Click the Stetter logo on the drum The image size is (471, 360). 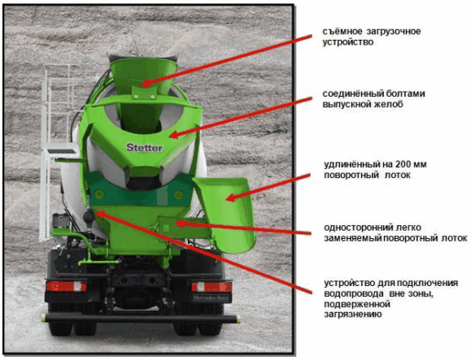145,147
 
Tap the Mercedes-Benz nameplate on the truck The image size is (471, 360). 212,298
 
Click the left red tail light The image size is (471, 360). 66,286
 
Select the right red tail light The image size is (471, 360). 212,287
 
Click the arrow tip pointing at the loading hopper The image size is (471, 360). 142,85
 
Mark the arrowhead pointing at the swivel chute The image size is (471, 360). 226,199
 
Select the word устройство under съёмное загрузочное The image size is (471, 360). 348,42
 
